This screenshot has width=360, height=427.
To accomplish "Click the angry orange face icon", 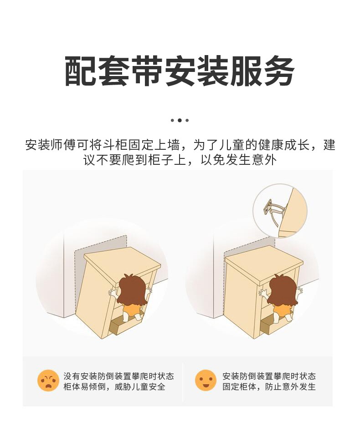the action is coord(48,381).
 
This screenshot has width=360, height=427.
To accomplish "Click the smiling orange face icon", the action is coord(206,381).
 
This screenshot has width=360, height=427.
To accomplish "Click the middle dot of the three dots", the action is coord(180,120).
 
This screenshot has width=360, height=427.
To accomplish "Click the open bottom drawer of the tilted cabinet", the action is coord(124,327).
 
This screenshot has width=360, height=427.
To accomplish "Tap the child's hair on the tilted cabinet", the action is coord(134,289).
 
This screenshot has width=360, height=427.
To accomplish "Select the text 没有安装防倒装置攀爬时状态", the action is coord(118,376).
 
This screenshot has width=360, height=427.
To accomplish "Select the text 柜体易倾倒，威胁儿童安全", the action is coord(114,386).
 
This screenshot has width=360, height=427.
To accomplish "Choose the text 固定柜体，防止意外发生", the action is coord(269,386).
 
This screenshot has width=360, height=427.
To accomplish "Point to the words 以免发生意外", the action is coord(239,160).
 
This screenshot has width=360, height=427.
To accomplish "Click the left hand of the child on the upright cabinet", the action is coord(263,293).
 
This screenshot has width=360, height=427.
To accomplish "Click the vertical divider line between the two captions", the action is coord(183,382).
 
